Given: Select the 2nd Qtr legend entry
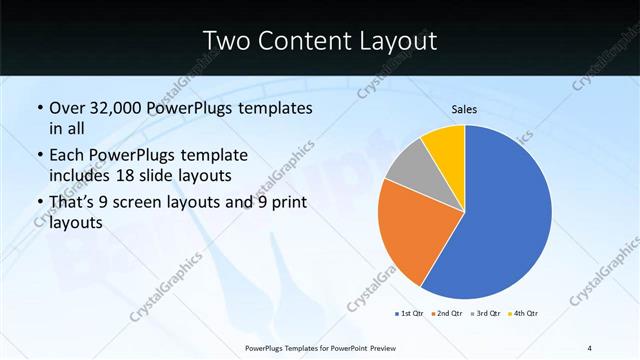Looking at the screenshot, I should [x=447, y=313].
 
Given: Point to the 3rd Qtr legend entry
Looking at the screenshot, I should [x=486, y=313].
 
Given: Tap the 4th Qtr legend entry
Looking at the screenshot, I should [x=524, y=313].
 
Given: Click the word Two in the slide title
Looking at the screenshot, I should [x=225, y=41].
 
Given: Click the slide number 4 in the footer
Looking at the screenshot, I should [x=590, y=347].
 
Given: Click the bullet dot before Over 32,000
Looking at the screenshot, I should [x=38, y=108].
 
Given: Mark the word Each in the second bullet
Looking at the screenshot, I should [x=68, y=156].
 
